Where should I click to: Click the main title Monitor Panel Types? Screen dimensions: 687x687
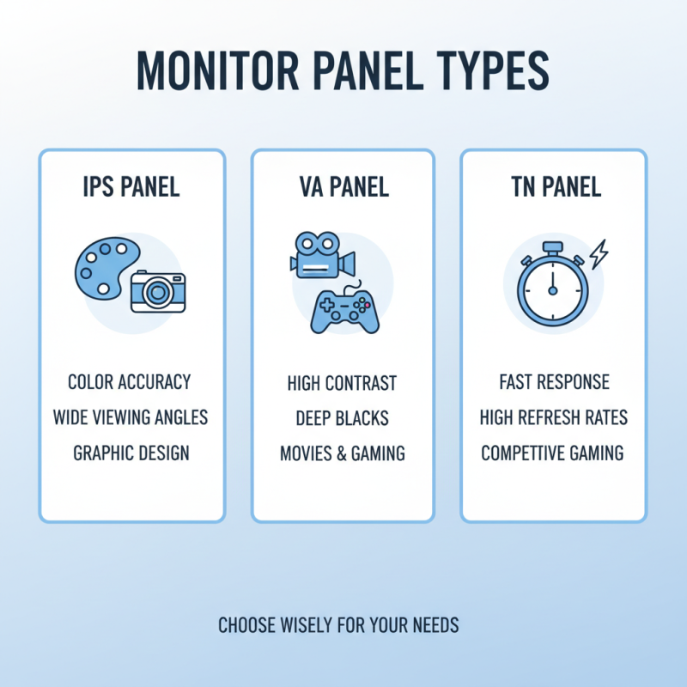(343, 71)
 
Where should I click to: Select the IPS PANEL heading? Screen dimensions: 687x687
(131, 187)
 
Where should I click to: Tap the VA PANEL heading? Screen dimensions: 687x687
(343, 187)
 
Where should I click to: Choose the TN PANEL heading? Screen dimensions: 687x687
(553, 187)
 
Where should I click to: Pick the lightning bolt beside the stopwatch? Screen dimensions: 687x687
(599, 252)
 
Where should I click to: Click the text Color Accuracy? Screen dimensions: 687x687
(129, 381)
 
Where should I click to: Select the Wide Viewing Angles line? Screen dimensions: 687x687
(131, 417)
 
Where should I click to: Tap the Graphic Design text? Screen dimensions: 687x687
(131, 453)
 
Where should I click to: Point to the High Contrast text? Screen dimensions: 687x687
(342, 383)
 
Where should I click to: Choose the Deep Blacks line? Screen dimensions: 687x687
(342, 418)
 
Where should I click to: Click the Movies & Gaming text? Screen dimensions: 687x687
(342, 453)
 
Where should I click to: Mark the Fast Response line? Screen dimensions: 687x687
(554, 382)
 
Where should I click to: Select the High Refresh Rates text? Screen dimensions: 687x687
(554, 417)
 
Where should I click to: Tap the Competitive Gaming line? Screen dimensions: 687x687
(552, 453)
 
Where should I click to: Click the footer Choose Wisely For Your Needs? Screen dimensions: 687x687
(338, 625)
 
